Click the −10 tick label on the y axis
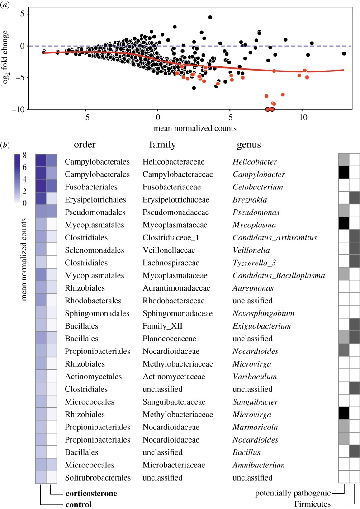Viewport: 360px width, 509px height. pos(20,109)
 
